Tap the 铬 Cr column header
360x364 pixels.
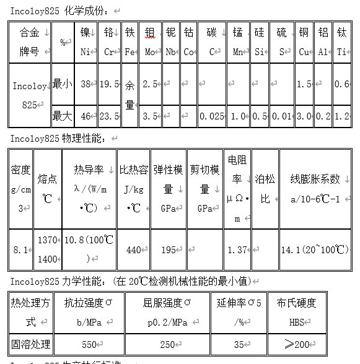coord(109,41)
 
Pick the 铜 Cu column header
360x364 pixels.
coord(304,41)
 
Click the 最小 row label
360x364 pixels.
coord(61,84)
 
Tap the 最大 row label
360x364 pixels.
coord(61,115)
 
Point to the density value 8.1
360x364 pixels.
coord(20,249)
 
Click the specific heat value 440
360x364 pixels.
coord(133,249)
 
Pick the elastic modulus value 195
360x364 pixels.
coord(168,249)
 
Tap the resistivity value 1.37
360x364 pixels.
coord(237,249)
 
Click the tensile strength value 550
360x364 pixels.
coord(89,344)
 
